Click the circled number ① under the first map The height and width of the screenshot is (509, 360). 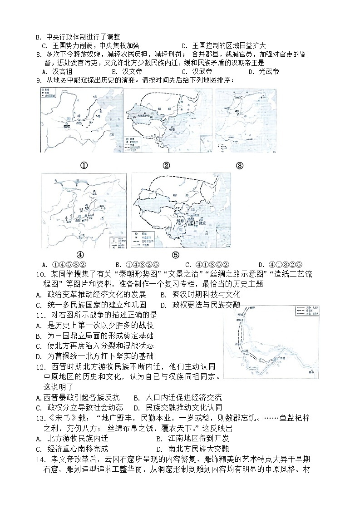[84, 165]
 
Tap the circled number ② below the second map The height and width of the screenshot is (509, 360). [166, 165]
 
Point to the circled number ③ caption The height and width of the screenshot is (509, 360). [240, 165]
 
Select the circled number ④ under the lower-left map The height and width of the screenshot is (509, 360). [80, 255]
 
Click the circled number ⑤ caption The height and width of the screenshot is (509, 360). [176, 255]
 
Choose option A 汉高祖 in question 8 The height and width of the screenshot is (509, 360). [57, 71]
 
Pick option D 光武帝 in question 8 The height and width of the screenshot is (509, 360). [263, 71]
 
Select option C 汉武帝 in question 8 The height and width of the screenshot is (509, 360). [197, 71]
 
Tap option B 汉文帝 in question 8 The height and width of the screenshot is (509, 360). [126, 71]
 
